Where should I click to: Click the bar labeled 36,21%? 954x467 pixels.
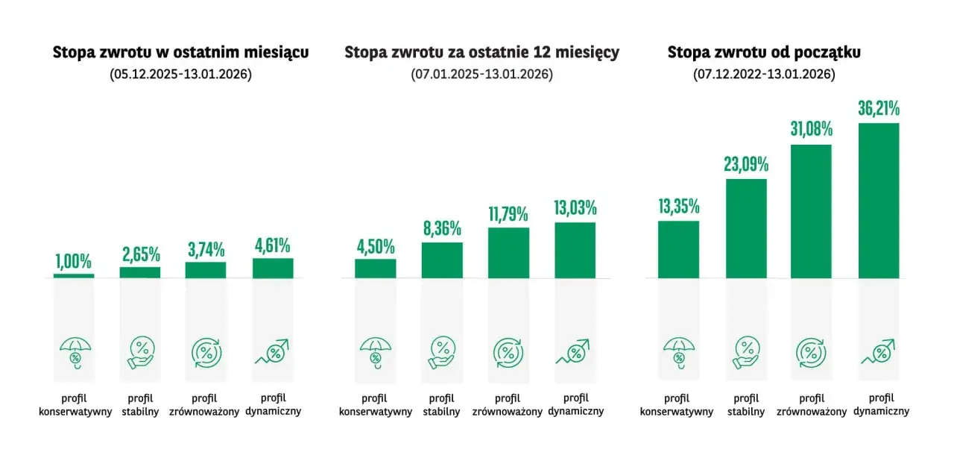coord(879,201)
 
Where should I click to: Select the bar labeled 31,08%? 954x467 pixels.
coord(811,211)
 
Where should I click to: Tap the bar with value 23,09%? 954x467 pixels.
coord(746,229)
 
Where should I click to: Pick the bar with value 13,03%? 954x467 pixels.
coord(575,251)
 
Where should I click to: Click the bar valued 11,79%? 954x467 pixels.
coord(508,253)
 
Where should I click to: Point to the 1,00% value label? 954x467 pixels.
coord(73,262)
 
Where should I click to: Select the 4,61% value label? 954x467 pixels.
coord(273,245)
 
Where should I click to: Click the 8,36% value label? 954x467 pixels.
coord(442,229)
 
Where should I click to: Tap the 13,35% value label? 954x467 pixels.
coord(679,207)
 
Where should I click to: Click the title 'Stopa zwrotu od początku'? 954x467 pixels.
coord(764,52)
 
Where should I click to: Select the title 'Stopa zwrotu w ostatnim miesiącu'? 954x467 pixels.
coord(180,52)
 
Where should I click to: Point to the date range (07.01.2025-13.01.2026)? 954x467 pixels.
coord(481,75)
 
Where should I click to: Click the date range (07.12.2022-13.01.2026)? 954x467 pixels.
coord(764,75)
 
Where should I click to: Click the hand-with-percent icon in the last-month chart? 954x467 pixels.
coord(141,353)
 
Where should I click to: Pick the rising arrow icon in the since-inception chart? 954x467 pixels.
coord(878,352)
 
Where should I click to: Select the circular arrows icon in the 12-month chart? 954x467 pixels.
coord(508,353)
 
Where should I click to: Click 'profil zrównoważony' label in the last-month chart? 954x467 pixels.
coord(204,405)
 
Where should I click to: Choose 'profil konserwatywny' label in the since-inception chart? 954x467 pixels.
coord(677,405)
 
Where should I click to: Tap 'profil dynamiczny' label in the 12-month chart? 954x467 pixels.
coord(576,404)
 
